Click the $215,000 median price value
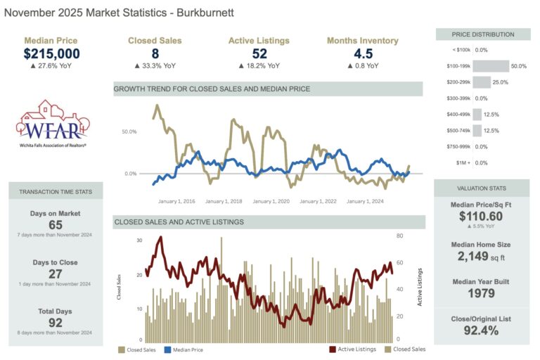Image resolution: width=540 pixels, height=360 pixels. tap(51, 53)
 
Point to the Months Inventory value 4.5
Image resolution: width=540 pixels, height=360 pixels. tap(362, 53)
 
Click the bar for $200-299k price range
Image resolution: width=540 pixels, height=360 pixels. tap(482, 82)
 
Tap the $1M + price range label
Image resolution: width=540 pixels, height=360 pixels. tap(461, 162)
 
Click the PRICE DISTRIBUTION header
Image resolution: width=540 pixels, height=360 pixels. tap(482, 34)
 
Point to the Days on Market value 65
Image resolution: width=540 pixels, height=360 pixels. tap(56, 225)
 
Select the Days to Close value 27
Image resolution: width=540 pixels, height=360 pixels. tap(56, 274)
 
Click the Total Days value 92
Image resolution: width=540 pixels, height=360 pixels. tap(56, 323)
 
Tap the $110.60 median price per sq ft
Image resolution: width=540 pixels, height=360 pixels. tap(482, 217)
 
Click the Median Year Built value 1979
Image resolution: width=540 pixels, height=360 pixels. tap(482, 294)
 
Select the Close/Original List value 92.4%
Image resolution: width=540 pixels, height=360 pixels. tap(482, 330)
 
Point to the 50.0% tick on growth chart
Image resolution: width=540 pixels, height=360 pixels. tap(129, 131)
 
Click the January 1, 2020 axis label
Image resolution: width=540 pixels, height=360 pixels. tap(271, 202)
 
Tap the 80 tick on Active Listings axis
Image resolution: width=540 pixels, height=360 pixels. tap(399, 236)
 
